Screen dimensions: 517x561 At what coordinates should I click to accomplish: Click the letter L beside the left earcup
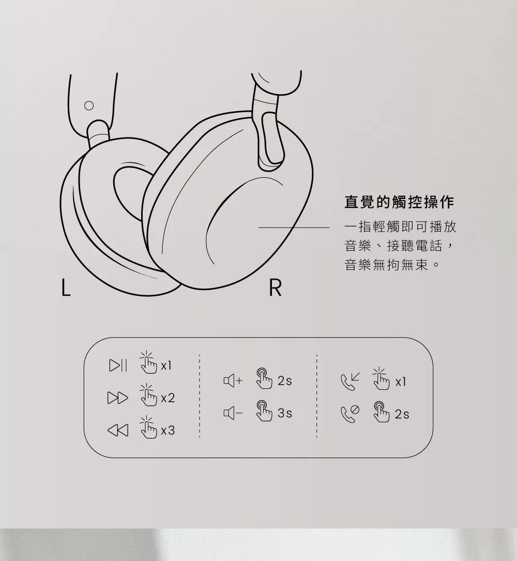coord(66,287)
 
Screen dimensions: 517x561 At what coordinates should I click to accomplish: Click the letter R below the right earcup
coord(275,287)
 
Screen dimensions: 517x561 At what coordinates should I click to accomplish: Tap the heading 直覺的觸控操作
coord(399,202)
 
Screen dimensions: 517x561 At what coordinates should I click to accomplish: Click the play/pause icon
coord(118,365)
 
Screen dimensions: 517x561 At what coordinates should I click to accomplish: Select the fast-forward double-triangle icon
coord(118,398)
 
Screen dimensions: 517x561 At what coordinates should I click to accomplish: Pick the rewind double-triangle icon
coord(118,430)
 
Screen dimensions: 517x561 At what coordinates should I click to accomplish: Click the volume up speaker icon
coord(233,381)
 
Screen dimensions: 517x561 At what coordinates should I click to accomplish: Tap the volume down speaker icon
coord(233,413)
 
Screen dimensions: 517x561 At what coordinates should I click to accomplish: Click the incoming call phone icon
coord(350,382)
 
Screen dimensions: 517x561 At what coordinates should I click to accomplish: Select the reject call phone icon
coord(350,414)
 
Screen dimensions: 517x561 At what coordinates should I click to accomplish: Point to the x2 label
coord(168,398)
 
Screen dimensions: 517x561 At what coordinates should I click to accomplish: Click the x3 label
coord(168,430)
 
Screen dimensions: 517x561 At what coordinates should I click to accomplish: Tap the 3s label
coord(285,413)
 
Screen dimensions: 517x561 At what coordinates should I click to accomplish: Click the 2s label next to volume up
coord(285,381)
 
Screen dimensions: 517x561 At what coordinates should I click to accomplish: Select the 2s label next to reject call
coord(402,414)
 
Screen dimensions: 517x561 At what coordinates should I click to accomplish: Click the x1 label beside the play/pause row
coord(166,366)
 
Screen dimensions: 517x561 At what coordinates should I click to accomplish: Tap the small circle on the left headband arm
coord(89,105)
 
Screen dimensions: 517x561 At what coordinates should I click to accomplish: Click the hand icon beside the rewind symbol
coord(148,427)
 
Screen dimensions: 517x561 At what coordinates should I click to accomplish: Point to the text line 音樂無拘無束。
coord(392,265)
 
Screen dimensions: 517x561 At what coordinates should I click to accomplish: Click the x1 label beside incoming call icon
coord(401,382)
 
